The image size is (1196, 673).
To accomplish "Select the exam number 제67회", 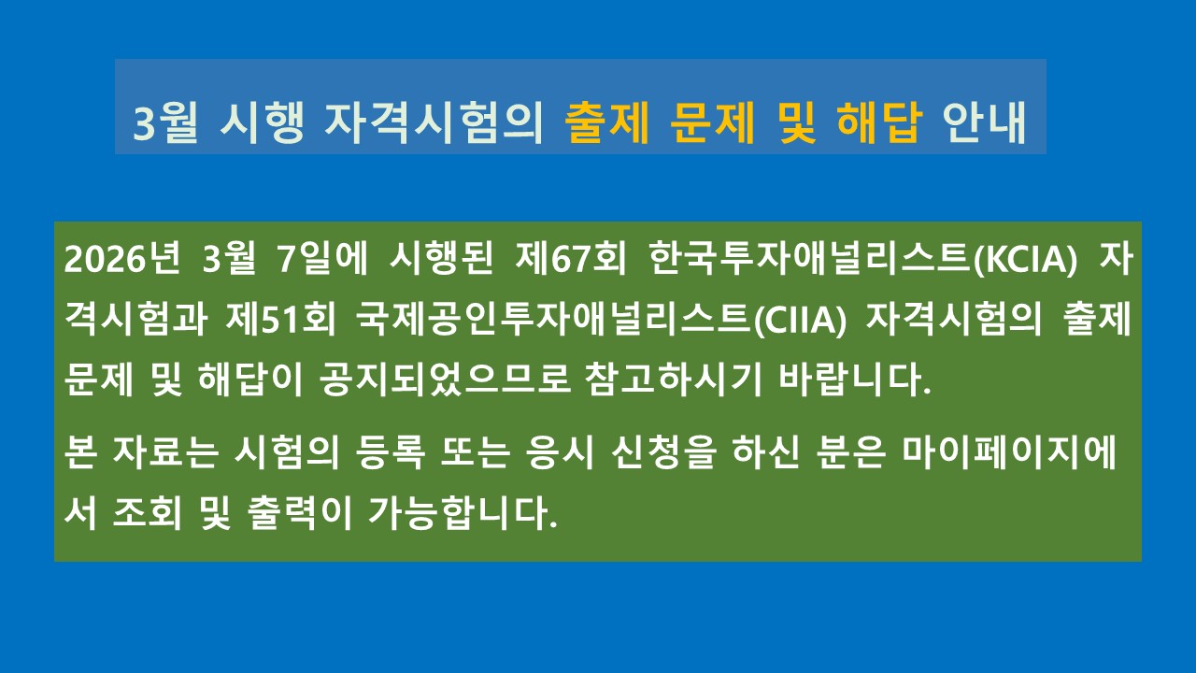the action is (570, 259).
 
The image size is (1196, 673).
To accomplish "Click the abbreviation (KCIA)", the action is (1026, 260).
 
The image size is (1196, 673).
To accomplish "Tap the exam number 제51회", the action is (280, 320).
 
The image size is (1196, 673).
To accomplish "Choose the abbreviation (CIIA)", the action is (801, 321).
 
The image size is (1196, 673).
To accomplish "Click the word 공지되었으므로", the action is (445, 379).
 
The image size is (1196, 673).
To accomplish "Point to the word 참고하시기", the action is (673, 379).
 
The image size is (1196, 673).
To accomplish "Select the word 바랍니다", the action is (855, 379).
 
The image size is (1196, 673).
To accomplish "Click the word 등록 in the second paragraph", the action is (390, 453).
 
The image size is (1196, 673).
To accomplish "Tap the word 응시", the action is (560, 453).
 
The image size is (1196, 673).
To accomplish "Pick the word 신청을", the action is (663, 453).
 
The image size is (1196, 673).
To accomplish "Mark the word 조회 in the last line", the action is (147, 513).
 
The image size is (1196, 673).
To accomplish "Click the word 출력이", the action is (300, 513).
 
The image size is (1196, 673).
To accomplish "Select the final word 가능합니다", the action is (463, 513).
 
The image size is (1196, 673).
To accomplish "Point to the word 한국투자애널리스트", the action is (810, 259).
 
